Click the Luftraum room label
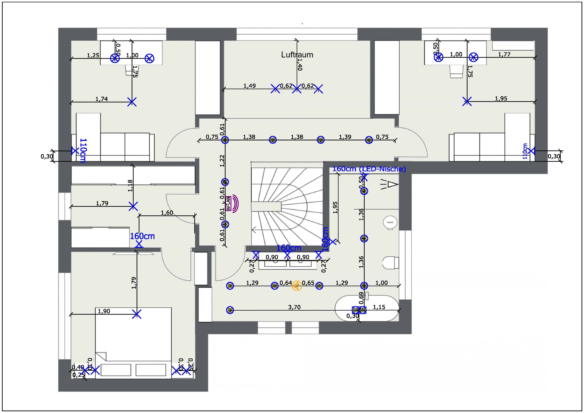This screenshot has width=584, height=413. click(297, 55)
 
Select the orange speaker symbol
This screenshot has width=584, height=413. click(297, 286)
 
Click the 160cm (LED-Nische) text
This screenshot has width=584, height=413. click(369, 169)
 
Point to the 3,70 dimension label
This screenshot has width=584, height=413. click(294, 307)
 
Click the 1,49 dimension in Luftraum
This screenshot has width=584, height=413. click(250, 86)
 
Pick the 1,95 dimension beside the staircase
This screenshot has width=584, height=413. click(335, 207)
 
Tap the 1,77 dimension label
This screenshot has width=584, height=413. click(504, 54)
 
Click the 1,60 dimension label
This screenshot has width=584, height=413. click(167, 212)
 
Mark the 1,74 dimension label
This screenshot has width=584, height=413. click(101, 99)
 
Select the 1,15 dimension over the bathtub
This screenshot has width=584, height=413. click(379, 307)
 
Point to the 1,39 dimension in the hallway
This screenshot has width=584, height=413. click(345, 137)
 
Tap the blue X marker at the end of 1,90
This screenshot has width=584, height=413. click(137, 314)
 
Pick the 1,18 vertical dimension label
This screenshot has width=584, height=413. click(130, 186)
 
